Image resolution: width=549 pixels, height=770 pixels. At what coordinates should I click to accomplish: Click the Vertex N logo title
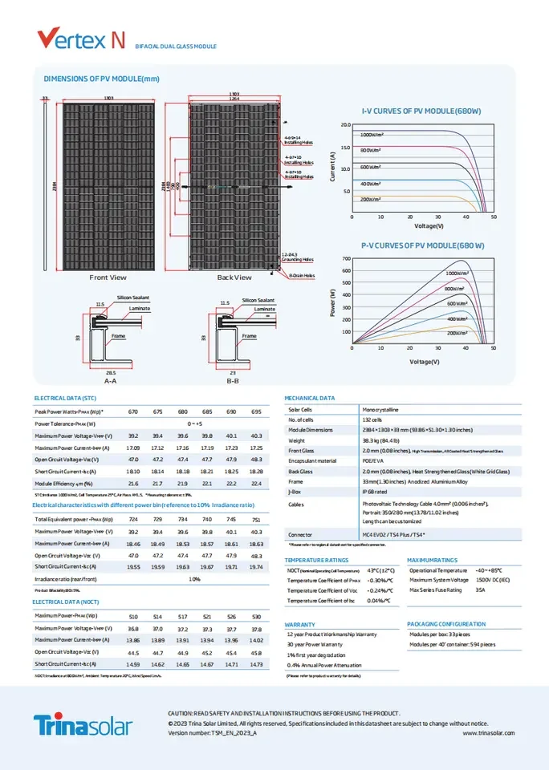click(x=80, y=38)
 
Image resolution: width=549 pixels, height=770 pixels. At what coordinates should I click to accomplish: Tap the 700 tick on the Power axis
click(x=346, y=259)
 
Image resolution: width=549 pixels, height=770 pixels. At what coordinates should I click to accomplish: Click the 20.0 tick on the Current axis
click(x=346, y=125)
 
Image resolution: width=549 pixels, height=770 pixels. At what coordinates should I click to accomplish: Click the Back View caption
click(x=234, y=278)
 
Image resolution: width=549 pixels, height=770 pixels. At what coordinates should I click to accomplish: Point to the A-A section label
click(x=110, y=382)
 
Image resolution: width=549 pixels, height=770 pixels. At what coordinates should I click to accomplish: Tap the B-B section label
click(x=233, y=382)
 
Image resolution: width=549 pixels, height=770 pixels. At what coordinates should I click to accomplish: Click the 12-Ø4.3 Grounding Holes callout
click(x=297, y=257)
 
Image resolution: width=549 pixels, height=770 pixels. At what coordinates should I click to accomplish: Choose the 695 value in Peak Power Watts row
click(x=256, y=411)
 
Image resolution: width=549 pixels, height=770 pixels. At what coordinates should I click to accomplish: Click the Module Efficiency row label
click(x=64, y=484)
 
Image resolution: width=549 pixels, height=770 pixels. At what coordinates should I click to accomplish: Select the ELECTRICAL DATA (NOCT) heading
click(x=66, y=601)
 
